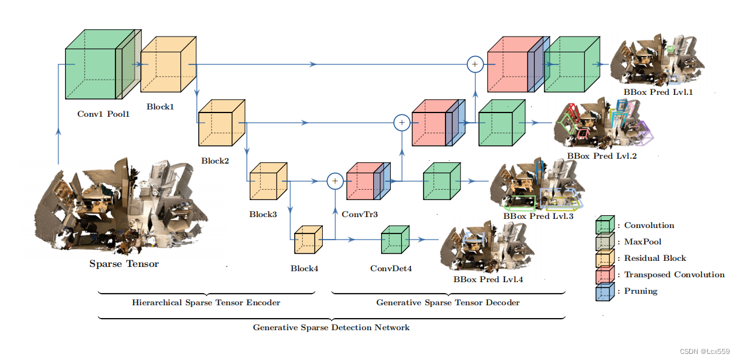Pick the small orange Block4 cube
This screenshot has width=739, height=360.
click(x=308, y=241)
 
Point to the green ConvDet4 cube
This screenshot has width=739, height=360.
click(x=394, y=241)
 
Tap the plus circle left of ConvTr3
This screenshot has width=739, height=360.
click(x=334, y=181)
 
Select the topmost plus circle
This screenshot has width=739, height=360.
click(x=475, y=63)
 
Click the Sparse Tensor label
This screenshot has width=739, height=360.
click(x=124, y=264)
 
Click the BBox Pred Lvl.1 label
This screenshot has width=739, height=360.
click(x=658, y=92)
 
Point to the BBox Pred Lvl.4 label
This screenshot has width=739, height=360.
click(x=488, y=280)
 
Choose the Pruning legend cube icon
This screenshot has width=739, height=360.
click(x=605, y=292)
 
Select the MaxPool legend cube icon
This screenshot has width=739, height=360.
click(x=605, y=243)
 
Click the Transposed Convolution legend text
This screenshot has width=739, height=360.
click(x=674, y=275)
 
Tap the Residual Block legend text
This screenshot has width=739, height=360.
click(x=655, y=258)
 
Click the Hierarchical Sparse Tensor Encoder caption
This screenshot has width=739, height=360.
click(x=206, y=302)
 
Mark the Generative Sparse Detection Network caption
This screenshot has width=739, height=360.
click(x=331, y=328)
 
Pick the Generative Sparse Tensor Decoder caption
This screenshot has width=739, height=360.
click(x=448, y=302)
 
